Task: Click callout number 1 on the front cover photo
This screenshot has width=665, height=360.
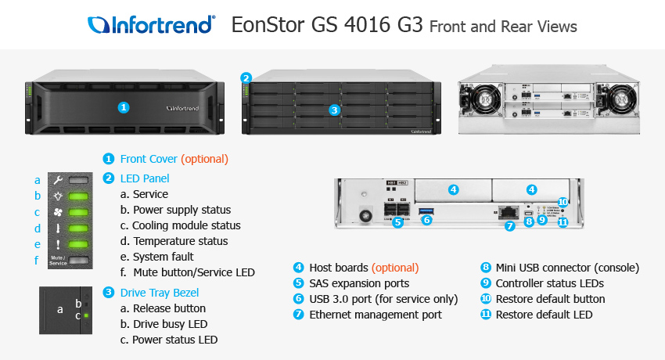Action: click(123, 106)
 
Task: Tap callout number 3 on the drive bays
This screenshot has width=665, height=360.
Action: click(334, 110)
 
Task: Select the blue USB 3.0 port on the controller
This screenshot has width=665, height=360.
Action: click(426, 211)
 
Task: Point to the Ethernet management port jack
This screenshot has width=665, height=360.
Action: click(510, 211)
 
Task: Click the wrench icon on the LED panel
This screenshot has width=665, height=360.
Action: click(59, 180)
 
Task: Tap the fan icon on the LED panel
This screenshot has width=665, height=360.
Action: click(59, 212)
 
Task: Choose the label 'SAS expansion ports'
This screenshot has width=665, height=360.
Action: click(359, 283)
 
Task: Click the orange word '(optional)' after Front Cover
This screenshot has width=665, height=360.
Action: click(204, 158)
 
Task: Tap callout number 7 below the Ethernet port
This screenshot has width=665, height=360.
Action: click(509, 227)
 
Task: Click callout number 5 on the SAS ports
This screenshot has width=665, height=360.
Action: click(397, 221)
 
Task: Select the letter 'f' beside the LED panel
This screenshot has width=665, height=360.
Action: click(36, 260)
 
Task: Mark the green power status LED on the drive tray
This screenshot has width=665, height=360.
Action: click(87, 316)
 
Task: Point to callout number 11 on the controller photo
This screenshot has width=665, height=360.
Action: click(563, 222)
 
